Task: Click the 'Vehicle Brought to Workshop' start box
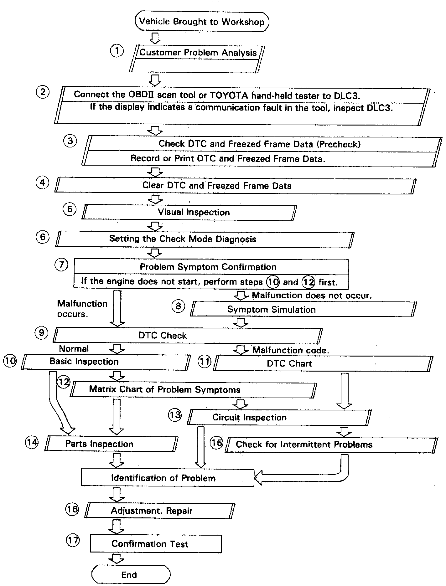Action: (202, 22)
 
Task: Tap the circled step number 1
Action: (117, 51)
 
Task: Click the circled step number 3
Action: (70, 141)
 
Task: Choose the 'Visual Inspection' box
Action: (189, 212)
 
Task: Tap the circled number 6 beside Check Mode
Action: (43, 237)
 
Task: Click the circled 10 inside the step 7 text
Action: (272, 282)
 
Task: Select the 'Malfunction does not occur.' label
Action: (312, 295)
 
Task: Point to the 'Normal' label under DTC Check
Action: (74, 349)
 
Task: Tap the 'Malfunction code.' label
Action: (291, 350)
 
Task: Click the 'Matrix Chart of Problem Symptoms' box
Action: (193, 390)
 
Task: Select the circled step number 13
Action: (175, 415)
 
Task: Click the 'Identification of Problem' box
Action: (168, 478)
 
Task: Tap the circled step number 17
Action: (73, 541)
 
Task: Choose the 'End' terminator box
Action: (131, 575)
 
